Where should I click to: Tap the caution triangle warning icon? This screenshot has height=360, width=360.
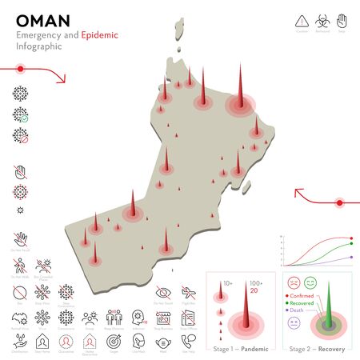click(x=302, y=20)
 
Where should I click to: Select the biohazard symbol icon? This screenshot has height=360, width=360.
click(x=322, y=20)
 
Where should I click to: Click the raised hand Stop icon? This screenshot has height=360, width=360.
click(x=342, y=20)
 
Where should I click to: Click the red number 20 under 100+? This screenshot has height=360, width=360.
click(x=255, y=290)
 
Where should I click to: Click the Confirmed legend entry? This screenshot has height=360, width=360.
click(x=303, y=295)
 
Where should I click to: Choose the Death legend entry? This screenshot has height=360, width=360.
click(x=298, y=311)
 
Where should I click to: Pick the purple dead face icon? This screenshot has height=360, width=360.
click(x=293, y=322)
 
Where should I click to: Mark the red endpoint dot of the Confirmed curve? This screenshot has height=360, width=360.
click(x=352, y=238)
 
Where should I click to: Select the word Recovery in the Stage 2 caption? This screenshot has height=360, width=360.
click(x=330, y=350)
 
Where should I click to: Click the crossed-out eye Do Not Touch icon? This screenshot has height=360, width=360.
click(x=162, y=290)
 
